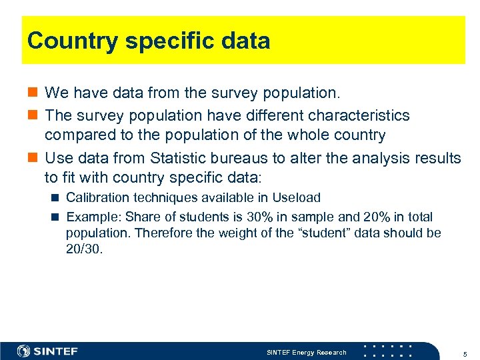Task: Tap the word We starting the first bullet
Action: click(55, 91)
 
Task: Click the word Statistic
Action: click(179, 158)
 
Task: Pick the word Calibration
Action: click(93, 198)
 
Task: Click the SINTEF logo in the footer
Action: click(47, 351)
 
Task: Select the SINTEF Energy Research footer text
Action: click(306, 352)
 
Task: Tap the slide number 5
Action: click(463, 352)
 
